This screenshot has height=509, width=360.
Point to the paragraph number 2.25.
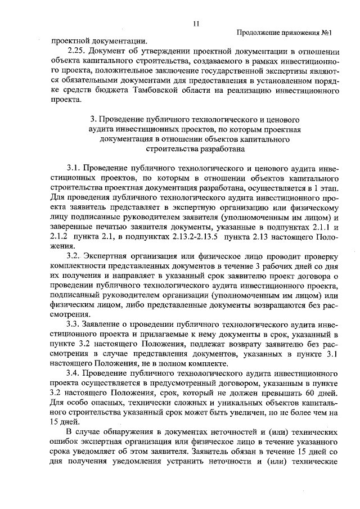point(76,51)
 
